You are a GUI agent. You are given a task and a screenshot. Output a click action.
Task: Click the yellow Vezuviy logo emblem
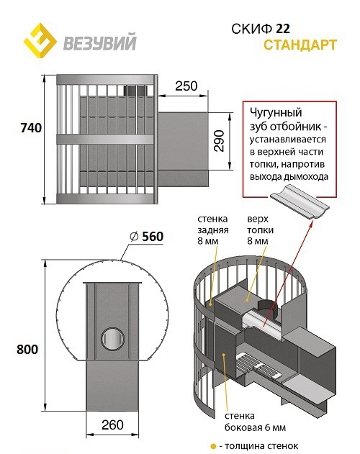pyautogui.click(x=40, y=40)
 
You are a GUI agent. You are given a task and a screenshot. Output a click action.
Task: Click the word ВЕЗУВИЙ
pyautogui.click(x=99, y=42)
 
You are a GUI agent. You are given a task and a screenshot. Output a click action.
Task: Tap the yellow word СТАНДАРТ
pyautogui.click(x=300, y=45)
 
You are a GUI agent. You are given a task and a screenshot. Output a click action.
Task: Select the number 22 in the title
pyautogui.click(x=283, y=29)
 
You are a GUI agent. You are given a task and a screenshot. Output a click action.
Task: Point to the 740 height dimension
pyautogui.click(x=31, y=127)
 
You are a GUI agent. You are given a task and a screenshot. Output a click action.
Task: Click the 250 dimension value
pyautogui.click(x=186, y=86)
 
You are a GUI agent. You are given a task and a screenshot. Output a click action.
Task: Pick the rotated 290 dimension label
pyautogui.click(x=219, y=141)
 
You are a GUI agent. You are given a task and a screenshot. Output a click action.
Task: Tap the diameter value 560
pyautogui.click(x=153, y=237)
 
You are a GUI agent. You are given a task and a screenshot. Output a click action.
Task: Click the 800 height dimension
pyautogui.click(x=27, y=349)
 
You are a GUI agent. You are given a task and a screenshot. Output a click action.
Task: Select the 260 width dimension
pyautogui.click(x=112, y=425)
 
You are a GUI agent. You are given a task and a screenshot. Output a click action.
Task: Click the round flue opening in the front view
pyautogui.click(x=113, y=339)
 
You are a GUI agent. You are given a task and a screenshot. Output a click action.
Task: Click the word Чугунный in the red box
pyautogui.click(x=276, y=113)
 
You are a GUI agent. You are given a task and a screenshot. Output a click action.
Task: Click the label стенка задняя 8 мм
pyautogui.click(x=213, y=230)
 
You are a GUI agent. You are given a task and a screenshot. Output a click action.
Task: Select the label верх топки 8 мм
pyautogui.click(x=261, y=230)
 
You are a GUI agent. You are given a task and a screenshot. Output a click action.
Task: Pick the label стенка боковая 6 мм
pyautogui.click(x=255, y=422)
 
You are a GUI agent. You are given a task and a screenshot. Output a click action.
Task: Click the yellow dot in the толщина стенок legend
pyautogui.click(x=214, y=447)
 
